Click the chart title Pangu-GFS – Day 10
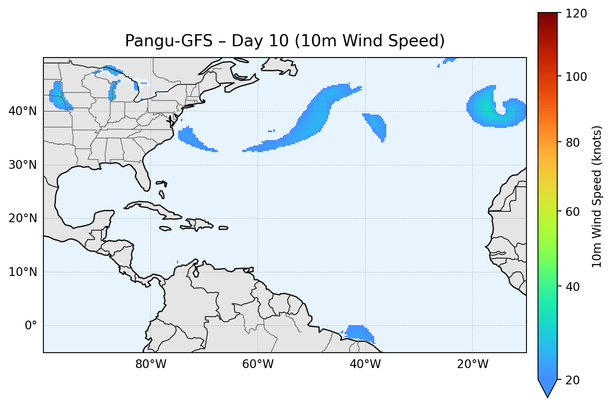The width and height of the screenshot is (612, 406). pos(285,41)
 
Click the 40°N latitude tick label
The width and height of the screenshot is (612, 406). pos(23,111)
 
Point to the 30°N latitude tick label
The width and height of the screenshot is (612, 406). pos(23,165)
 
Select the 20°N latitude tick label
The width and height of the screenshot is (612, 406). pos(23,218)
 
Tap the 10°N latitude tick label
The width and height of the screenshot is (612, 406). pos(23,272)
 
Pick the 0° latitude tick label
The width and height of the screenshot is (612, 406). pos(31,326)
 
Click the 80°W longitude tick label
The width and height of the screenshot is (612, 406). pos(151,364)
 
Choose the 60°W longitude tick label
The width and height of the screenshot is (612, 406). pos(258,364)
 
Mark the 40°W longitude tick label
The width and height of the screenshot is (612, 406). pos(365,364)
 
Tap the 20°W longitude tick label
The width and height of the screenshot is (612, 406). pos(472,364)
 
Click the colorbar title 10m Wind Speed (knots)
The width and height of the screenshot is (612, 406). pos(597,196)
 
